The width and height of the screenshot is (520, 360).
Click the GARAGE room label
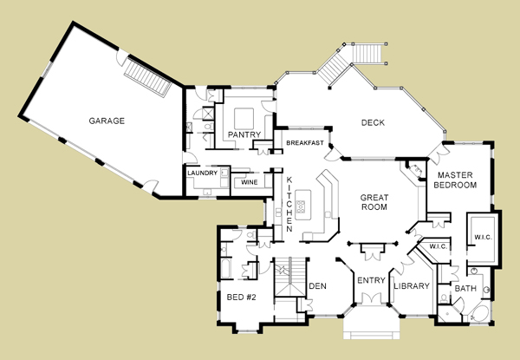click(107, 121)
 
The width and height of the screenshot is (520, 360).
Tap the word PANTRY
click(244, 134)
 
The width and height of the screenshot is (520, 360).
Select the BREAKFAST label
click(305, 142)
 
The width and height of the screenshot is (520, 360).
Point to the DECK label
click(373, 123)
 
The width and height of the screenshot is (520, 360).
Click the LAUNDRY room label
click(202, 173)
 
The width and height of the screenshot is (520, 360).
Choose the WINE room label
click(250, 182)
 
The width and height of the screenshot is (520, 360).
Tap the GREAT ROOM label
click(374, 202)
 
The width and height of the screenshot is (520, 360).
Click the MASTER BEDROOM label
click(455, 180)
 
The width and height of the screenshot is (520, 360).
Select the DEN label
click(317, 286)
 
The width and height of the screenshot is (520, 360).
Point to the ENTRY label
click(371, 281)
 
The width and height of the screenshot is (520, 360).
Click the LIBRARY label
click(412, 285)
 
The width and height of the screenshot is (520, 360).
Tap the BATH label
click(465, 288)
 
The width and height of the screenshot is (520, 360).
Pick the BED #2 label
click(242, 297)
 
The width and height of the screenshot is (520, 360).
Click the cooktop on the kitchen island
click(301, 206)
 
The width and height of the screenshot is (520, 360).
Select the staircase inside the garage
click(148, 77)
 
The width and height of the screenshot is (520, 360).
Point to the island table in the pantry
click(244, 119)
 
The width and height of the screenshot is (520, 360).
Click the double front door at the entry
click(371, 298)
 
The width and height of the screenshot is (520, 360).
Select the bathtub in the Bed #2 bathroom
click(225, 268)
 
